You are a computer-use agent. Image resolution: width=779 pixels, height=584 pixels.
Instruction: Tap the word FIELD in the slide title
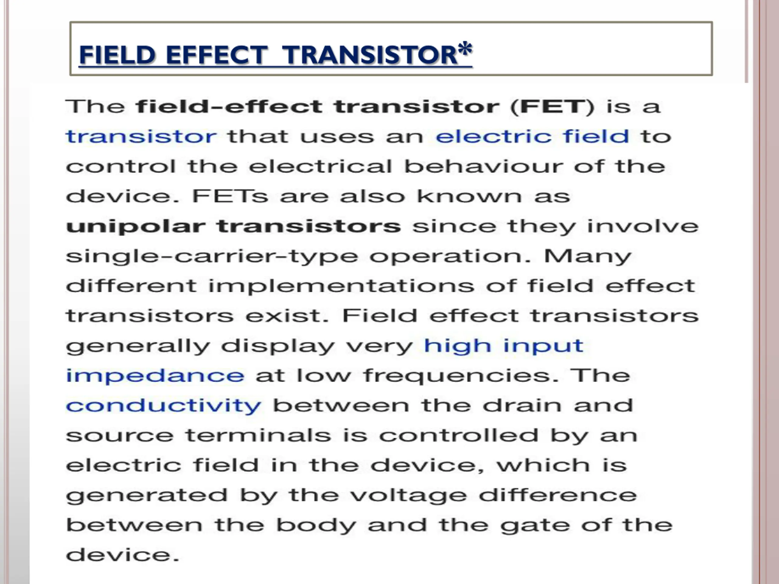click(117, 55)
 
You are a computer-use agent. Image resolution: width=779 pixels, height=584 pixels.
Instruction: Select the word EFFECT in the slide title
click(216, 55)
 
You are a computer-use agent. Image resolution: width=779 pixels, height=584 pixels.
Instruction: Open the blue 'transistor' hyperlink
click(141, 137)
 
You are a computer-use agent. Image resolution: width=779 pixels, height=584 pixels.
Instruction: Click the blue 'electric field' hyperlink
click(533, 136)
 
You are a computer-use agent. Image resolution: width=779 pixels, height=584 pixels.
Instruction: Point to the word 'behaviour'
click(483, 166)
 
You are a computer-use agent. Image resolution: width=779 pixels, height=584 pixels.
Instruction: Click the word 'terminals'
click(258, 436)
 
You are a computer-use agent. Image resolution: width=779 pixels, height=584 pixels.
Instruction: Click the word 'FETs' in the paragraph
click(230, 196)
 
